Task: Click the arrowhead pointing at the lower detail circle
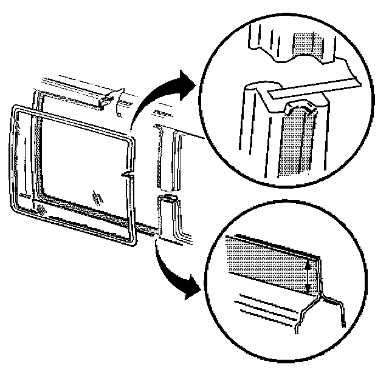tap(190, 290)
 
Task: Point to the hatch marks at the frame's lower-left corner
tap(41, 209)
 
